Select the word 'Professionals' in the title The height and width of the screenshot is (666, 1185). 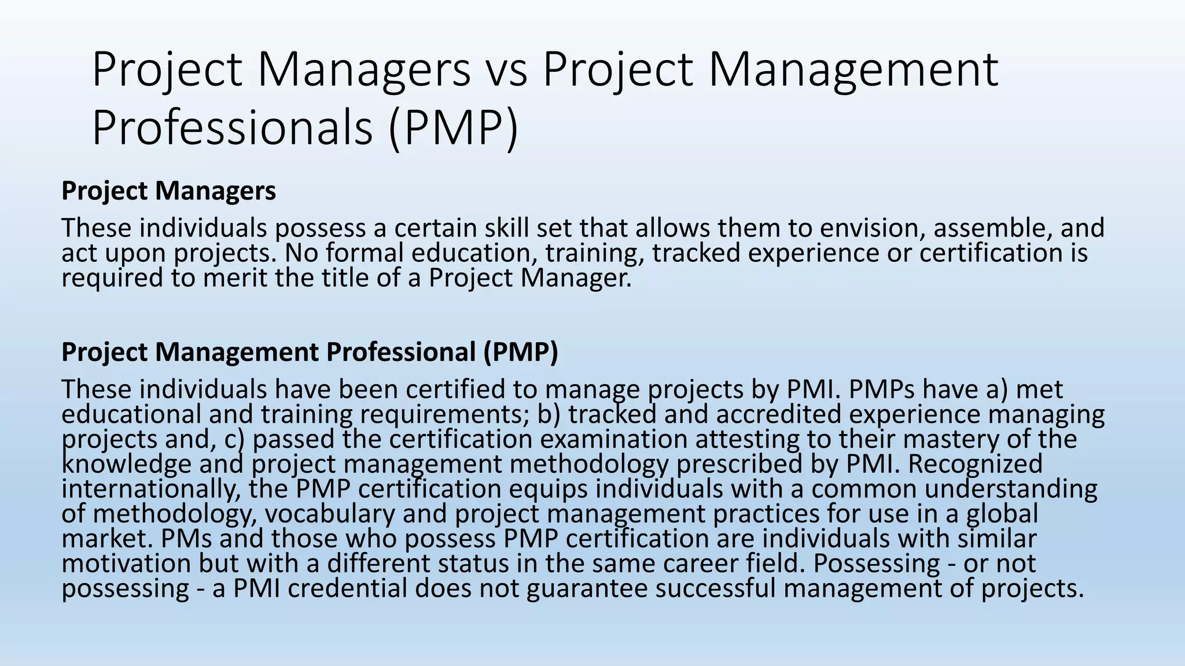[232, 128]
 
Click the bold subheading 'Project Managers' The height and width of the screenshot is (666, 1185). [168, 191]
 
